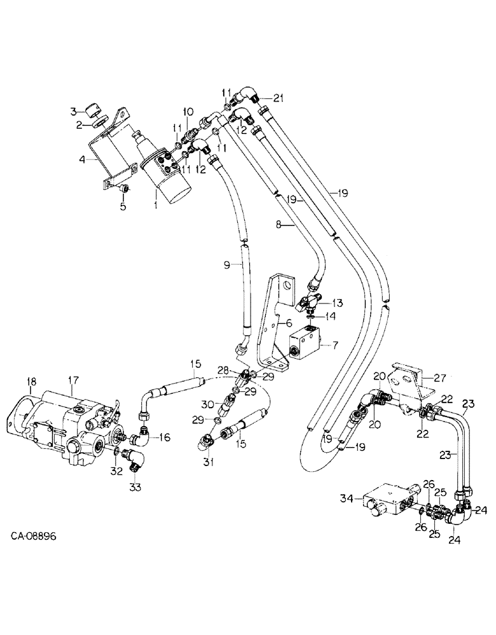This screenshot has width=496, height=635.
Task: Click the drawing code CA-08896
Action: click(x=34, y=554)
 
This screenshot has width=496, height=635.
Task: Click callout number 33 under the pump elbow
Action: click(x=135, y=486)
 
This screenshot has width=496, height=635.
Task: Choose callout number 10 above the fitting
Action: click(x=188, y=112)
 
